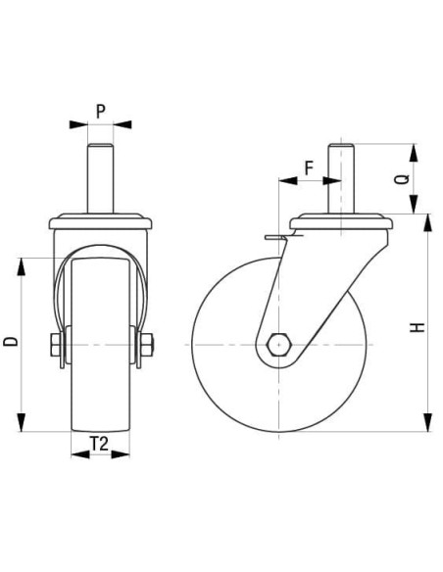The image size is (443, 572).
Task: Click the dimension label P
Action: (100, 111)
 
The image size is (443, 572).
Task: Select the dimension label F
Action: (308, 167)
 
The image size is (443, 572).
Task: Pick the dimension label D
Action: (11, 342)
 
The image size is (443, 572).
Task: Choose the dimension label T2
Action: (100, 443)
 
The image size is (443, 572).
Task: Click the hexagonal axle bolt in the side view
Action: (279, 345)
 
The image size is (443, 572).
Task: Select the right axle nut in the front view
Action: (146, 345)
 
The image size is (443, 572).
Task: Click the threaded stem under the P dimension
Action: (100, 176)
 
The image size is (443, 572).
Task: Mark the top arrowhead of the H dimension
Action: (428, 220)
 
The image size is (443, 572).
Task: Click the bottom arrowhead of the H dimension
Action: (428, 423)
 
